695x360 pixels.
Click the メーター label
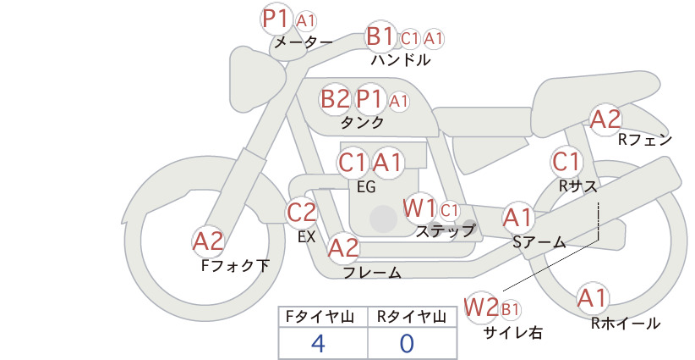[304, 42]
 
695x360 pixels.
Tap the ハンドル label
[401, 59]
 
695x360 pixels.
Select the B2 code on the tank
[335, 98]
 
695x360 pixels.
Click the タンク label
[362, 122]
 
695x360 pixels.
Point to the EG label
[366, 187]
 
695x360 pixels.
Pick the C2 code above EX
[301, 212]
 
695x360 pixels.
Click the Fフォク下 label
[235, 265]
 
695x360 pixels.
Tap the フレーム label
[372, 273]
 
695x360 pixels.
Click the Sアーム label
[539, 242]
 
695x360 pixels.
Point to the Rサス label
[578, 186]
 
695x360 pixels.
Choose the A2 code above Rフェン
[605, 119]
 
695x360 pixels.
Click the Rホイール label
[626, 324]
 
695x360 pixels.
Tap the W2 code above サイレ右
[482, 307]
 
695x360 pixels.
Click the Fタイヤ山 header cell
[323, 317]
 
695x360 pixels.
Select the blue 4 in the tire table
[318, 343]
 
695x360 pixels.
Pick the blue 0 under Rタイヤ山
[407, 343]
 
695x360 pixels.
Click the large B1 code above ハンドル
[380, 36]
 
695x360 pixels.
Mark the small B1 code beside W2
[510, 309]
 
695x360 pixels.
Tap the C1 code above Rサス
[566, 162]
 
